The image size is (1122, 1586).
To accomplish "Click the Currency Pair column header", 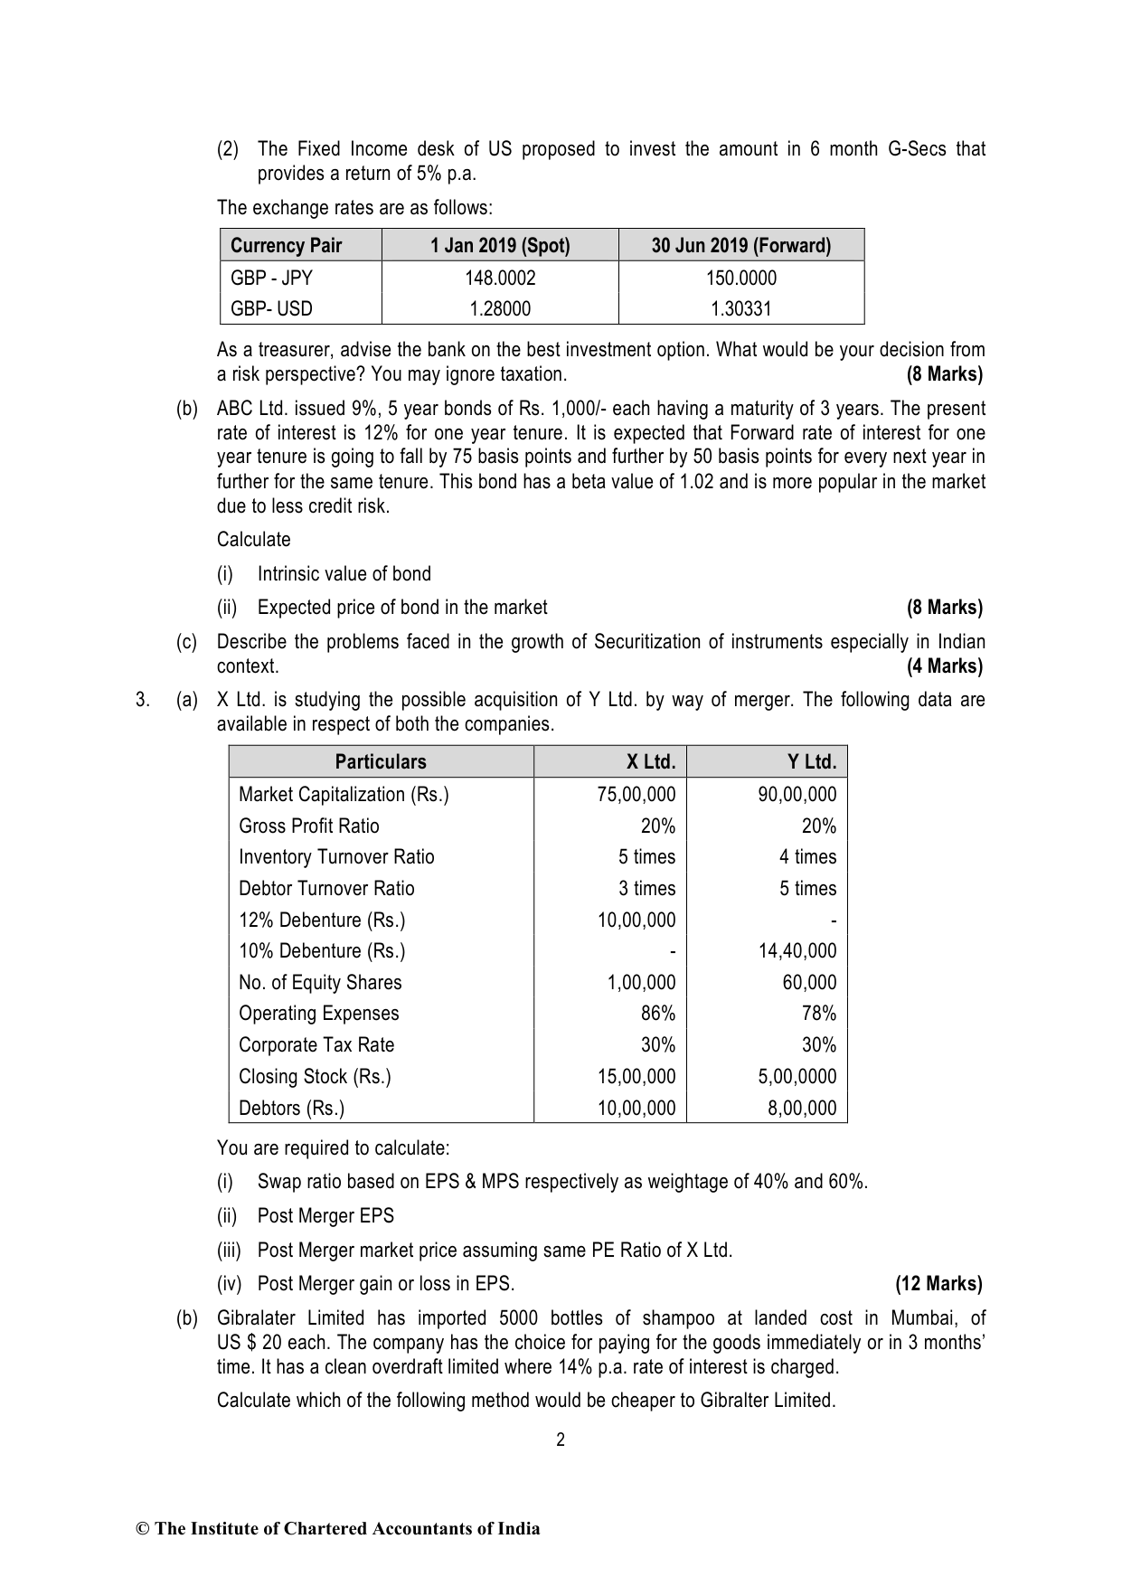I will click(287, 246).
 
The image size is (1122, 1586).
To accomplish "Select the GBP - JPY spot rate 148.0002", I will click(500, 278).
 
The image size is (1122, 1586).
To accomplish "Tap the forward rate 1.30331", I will click(741, 308).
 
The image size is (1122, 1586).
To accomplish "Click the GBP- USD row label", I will click(271, 308).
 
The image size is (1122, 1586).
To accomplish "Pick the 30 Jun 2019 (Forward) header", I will click(741, 246).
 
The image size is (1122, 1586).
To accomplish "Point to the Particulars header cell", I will click(381, 761).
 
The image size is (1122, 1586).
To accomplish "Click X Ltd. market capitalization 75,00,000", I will click(636, 794).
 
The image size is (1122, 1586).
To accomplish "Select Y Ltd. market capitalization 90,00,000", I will click(797, 794).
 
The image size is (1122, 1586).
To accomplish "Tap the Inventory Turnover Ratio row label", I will click(336, 856).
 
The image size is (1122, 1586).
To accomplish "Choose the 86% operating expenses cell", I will click(658, 1013).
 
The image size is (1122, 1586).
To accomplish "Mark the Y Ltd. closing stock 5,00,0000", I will click(797, 1076).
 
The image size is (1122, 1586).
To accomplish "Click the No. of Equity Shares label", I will click(320, 982).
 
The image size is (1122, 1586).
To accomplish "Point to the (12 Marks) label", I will click(938, 1283).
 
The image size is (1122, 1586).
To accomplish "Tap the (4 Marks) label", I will click(944, 666).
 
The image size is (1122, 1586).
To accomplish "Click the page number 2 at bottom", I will click(561, 1440).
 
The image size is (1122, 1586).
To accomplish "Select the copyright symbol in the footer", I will click(142, 1529).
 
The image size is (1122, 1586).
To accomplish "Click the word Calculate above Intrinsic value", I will click(254, 540).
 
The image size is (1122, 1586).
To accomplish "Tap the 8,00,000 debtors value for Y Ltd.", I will click(802, 1108).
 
